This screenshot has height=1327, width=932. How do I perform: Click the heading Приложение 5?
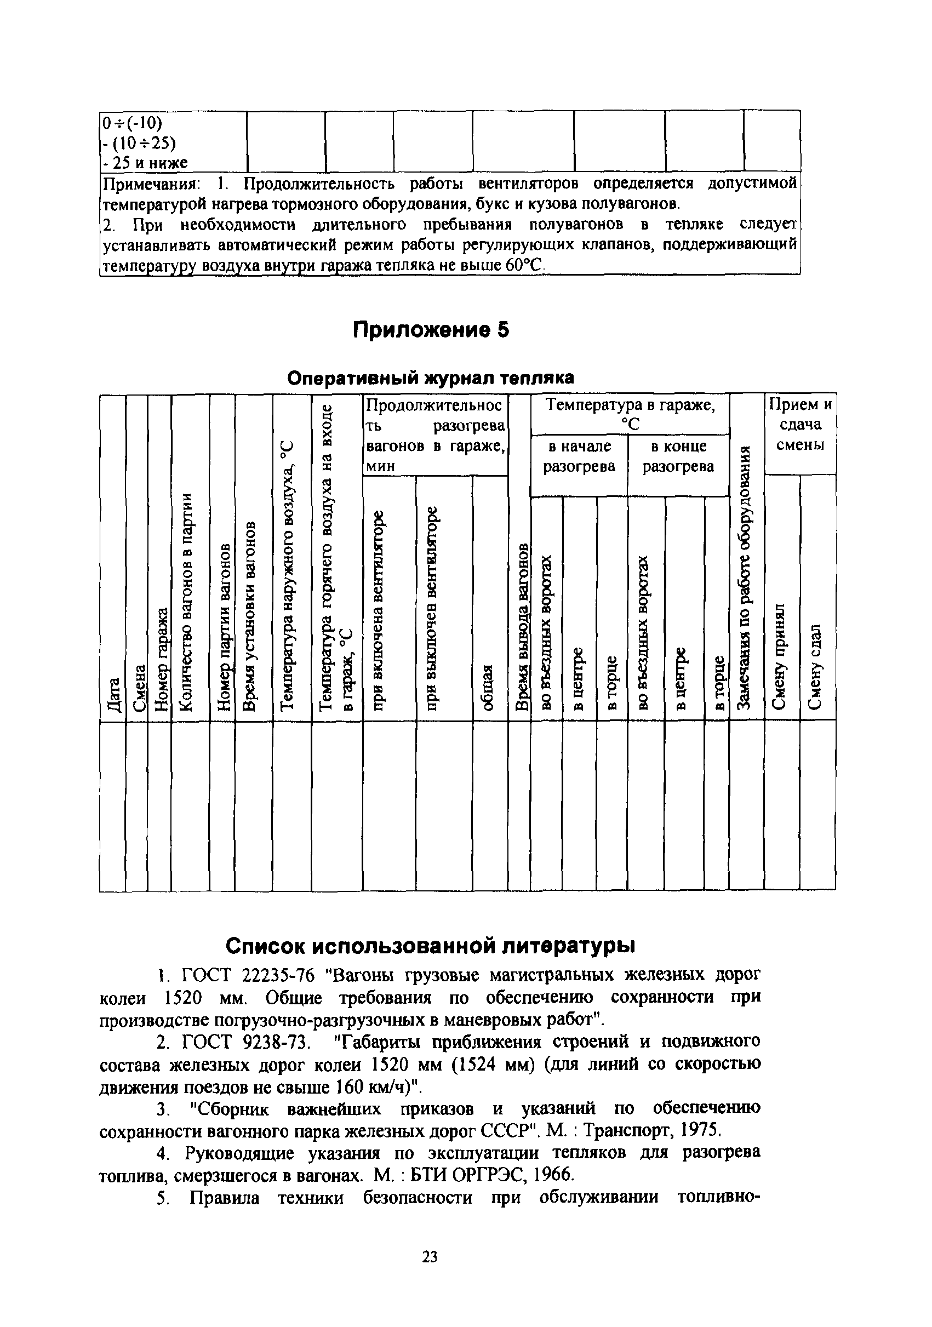[x=431, y=330]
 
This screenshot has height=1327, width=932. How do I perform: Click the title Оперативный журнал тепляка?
[x=431, y=378]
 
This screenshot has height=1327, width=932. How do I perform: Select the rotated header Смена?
[x=138, y=688]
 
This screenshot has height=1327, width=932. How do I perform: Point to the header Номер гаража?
[x=160, y=659]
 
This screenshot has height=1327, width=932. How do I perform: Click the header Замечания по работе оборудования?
[x=746, y=578]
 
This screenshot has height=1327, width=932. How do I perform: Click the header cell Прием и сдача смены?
[x=800, y=425]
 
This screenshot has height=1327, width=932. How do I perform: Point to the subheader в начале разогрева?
[x=579, y=456]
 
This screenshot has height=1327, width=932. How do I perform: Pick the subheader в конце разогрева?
[x=678, y=456]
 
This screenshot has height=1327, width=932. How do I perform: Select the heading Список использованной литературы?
[x=431, y=946]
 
